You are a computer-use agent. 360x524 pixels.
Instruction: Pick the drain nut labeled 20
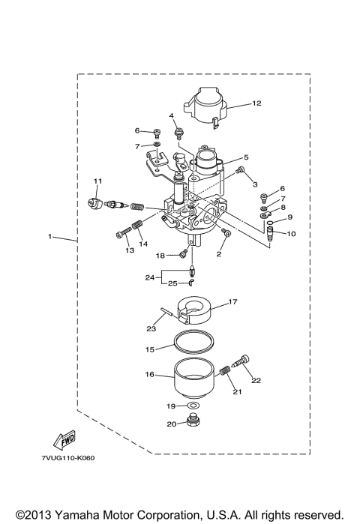pyautogui.click(x=193, y=425)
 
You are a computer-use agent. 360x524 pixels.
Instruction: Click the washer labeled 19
pyautogui.click(x=193, y=406)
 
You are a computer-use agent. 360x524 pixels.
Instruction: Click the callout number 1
pyautogui.click(x=50, y=237)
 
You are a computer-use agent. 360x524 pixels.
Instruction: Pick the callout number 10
pyautogui.click(x=291, y=234)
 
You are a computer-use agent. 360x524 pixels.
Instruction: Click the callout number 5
pyautogui.click(x=245, y=157)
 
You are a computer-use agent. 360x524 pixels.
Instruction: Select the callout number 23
pyautogui.click(x=152, y=328)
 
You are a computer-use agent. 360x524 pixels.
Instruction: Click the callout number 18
pyautogui.click(x=160, y=255)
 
